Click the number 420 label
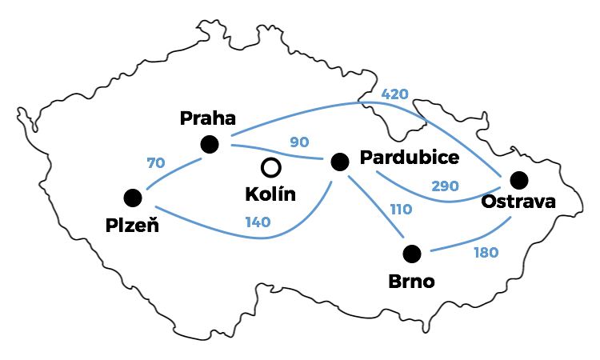point(395,94)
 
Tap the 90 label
point(299,142)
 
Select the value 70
point(156,163)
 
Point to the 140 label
point(257,222)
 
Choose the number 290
point(445,186)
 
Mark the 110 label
point(401,210)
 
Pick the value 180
point(486,253)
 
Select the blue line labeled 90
point(276,151)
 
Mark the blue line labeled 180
point(472,240)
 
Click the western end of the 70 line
point(148,189)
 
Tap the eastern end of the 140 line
point(331,182)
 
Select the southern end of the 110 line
point(403,238)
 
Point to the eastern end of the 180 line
point(510,218)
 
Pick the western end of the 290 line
point(377,171)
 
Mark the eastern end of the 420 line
point(501,175)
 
